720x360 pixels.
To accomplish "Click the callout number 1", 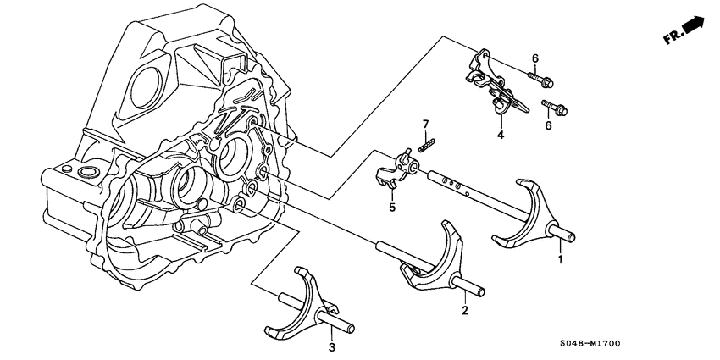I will pyautogui.click(x=559, y=260).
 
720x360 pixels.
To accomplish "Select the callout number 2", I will pyautogui.click(x=464, y=311).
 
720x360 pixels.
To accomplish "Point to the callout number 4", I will pyautogui.click(x=501, y=135).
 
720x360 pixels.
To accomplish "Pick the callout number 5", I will pyautogui.click(x=392, y=206).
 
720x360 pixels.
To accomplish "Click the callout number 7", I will pyautogui.click(x=427, y=125).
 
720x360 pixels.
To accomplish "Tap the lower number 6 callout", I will pyautogui.click(x=548, y=126).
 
